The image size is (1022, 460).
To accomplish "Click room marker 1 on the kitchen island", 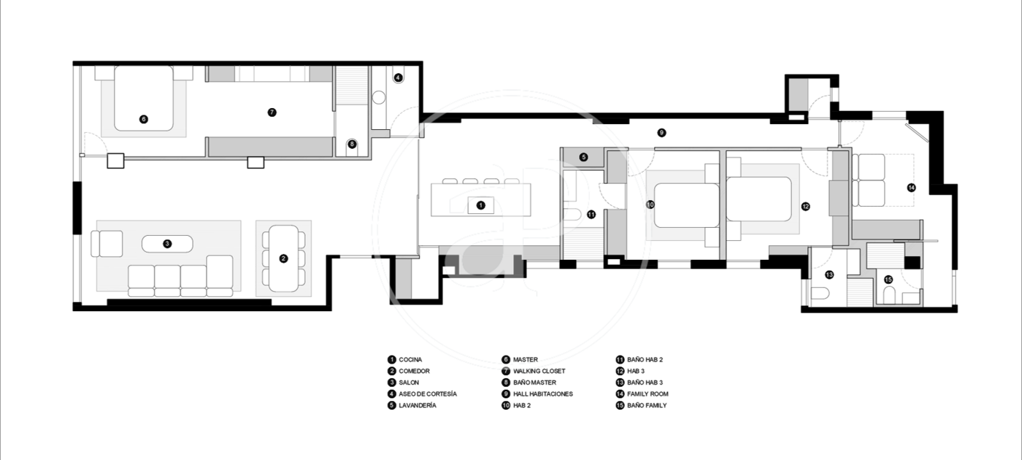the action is click(x=481, y=205).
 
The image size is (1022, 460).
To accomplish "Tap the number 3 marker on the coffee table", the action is click(x=167, y=244).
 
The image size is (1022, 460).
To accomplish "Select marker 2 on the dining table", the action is click(x=283, y=258).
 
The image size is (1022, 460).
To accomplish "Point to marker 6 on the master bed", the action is click(x=144, y=119).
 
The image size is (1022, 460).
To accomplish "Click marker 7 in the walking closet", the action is click(x=272, y=112).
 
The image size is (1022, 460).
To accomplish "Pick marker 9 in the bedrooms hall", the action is click(x=661, y=133).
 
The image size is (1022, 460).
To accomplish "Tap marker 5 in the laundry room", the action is click(x=583, y=157).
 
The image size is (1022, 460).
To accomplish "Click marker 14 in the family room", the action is click(x=911, y=188).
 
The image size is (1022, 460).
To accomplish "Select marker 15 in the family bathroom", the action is click(x=888, y=279).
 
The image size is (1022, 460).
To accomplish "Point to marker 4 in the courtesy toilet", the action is click(x=399, y=77).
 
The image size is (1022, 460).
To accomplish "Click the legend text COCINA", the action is click(x=410, y=359).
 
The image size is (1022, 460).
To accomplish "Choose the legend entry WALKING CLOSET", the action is click(x=539, y=371).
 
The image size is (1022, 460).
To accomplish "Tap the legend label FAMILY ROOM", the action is click(x=648, y=394).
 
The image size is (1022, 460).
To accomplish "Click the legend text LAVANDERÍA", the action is click(x=418, y=405).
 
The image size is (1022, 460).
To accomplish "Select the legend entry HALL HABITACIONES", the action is click(x=543, y=394).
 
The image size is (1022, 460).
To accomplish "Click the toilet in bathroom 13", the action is click(x=820, y=294).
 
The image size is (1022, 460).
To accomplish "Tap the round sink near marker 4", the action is click(x=379, y=97).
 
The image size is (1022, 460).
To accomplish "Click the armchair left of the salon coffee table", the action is click(x=107, y=244).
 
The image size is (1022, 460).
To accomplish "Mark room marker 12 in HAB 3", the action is click(x=806, y=206).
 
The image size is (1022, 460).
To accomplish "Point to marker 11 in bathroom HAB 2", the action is click(x=591, y=214).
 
